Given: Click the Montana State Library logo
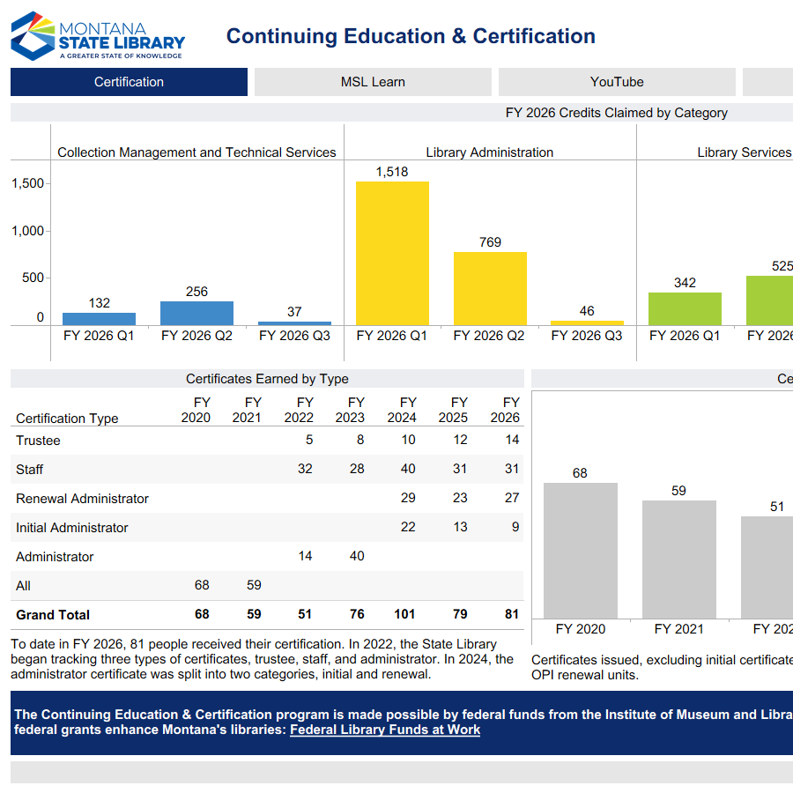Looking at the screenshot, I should coord(98,36).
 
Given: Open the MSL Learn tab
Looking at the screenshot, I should coord(373,82).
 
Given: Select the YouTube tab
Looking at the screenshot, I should coord(617,82).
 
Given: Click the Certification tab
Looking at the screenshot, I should coord(129,82).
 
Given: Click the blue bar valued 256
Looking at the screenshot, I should coord(196,314).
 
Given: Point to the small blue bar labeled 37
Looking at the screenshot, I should coord(294,323).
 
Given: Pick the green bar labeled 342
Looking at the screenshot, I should coord(685,309).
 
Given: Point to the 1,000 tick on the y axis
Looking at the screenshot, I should coord(27,231).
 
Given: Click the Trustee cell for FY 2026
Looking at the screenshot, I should coord(512,440).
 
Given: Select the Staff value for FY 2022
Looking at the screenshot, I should coord(305,469).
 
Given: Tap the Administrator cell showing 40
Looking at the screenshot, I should coord(357,556).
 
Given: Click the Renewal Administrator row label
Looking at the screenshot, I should coord(82,499).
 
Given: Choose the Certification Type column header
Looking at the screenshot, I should coord(67,419).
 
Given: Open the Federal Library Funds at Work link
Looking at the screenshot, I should coord(385,730).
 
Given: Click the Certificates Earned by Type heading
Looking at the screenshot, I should coord(267,379).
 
